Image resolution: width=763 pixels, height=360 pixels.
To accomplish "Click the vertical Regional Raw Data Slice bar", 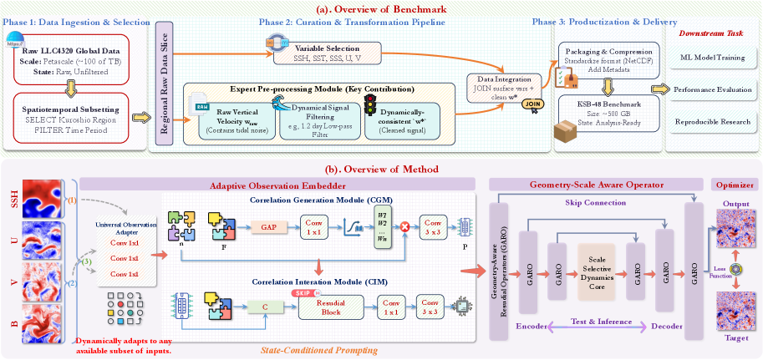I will click(x=163, y=89).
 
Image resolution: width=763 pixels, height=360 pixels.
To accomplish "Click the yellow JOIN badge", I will click(x=534, y=104).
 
